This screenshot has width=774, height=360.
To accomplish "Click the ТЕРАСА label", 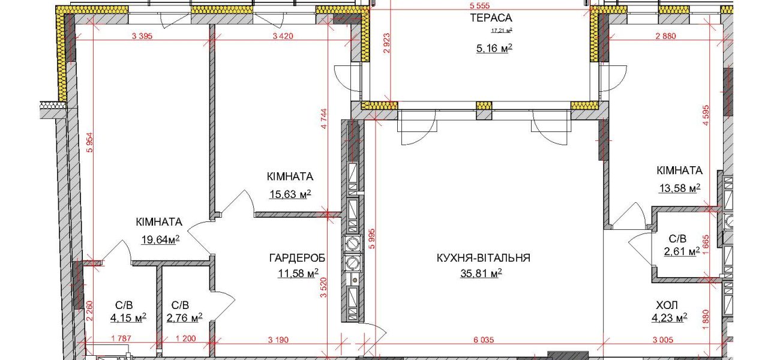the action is tap(491, 17).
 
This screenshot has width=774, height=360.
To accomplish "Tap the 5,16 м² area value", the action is tap(494, 48).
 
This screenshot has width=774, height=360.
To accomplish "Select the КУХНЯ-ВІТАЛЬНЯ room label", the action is tap(484, 258).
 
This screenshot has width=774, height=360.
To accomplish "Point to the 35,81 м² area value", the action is tap(481, 273).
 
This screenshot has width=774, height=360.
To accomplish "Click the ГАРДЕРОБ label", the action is tap(297, 258).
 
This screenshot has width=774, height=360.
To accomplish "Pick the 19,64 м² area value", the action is tap(160, 239).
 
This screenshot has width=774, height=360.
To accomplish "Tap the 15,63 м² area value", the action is tap(290, 194).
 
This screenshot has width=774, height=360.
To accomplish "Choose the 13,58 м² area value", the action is tap(680, 188).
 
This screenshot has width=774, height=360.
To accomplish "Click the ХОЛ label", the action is tap(667, 305).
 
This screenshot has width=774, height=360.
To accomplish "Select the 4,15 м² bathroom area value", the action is tap(128, 317).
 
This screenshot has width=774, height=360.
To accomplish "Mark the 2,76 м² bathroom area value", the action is tap(185, 317).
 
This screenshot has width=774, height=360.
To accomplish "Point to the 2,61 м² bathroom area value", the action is tap(682, 251).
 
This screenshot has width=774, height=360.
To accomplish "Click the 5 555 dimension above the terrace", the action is tap(480, 6).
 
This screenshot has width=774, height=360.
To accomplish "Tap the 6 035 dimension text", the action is tap(484, 340).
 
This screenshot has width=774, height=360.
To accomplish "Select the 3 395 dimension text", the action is tap(142, 36).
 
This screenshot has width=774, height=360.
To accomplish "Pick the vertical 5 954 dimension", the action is tap(90, 143).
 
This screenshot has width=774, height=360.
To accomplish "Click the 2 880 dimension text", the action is tap(666, 36).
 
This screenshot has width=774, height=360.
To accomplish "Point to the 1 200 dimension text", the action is tap(186, 338).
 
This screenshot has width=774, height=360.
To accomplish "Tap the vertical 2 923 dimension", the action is tap(386, 43).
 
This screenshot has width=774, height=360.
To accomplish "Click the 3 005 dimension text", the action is tap(663, 340).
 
